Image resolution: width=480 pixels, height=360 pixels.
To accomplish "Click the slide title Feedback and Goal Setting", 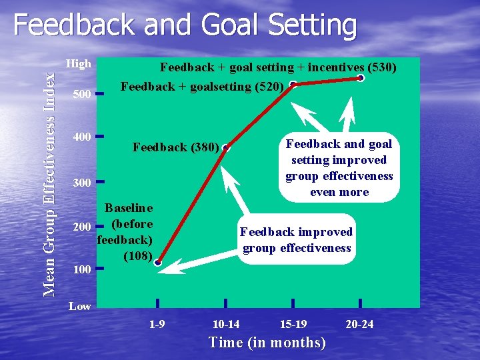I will (185, 26).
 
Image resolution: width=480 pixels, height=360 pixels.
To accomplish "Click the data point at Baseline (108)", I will (158, 263).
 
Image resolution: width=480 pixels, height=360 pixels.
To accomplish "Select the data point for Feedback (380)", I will (227, 147).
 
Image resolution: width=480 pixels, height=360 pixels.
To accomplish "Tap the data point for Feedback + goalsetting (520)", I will (293, 85).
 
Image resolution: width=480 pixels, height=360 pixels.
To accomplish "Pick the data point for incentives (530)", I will (361, 78).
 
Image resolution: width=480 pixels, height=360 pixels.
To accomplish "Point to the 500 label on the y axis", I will (81, 95).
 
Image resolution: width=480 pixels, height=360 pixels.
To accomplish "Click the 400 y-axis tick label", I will (81, 137).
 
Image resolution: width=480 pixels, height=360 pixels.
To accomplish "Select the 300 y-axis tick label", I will (81, 183).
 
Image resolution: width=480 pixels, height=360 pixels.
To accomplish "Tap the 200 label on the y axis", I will (81, 227).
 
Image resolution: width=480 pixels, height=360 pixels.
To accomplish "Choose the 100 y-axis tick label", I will (81, 269).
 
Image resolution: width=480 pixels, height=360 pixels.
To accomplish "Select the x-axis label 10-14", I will (226, 324).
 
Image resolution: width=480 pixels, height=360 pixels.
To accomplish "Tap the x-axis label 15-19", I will (293, 324).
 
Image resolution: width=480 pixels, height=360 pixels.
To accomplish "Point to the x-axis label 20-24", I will (360, 324).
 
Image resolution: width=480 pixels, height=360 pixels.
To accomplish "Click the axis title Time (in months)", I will (267, 343).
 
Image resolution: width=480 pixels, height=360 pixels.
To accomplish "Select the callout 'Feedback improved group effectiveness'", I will (296, 240).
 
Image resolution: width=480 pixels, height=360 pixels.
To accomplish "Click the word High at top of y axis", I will (79, 64).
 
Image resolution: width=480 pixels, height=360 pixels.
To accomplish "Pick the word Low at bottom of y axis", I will (80, 306).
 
